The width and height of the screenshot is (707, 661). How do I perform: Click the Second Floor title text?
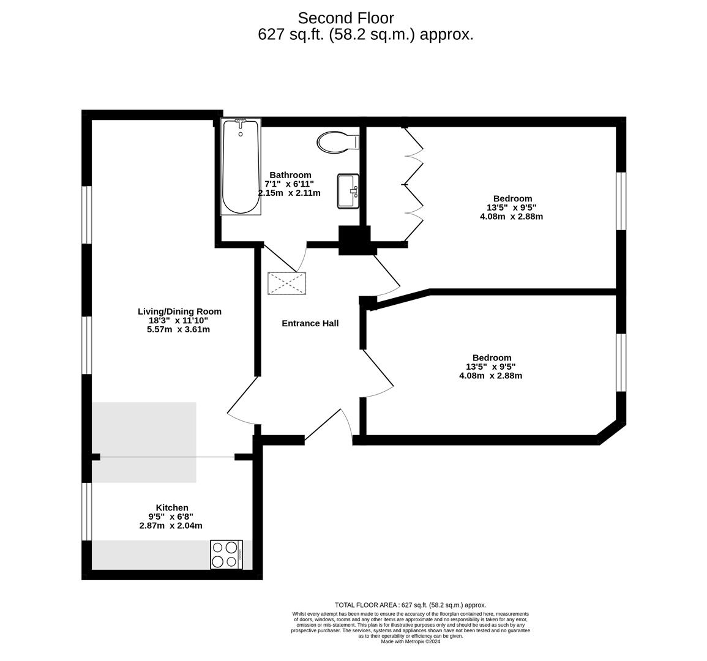pyautogui.click(x=346, y=18)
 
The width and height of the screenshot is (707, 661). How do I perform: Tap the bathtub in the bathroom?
pyautogui.click(x=241, y=168)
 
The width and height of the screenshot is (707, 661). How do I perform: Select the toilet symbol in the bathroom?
pyautogui.click(x=337, y=143)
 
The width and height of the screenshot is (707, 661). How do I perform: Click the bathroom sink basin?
pyautogui.click(x=348, y=191)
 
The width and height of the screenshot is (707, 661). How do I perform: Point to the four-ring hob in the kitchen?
pyautogui.click(x=226, y=555)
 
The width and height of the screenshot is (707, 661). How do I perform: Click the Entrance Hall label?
pyautogui.click(x=310, y=323)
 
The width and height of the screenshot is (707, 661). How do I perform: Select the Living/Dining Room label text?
pyautogui.click(x=179, y=312)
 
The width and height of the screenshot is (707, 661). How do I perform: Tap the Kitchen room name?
pyautogui.click(x=172, y=507)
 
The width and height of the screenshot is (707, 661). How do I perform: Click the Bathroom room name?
pyautogui.click(x=290, y=175)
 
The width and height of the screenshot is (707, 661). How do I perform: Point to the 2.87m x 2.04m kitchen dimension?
pyautogui.click(x=171, y=525)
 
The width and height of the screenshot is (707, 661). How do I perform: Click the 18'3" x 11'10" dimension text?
pyautogui.click(x=178, y=320)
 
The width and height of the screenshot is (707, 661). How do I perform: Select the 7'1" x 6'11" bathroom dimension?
pyautogui.click(x=289, y=184)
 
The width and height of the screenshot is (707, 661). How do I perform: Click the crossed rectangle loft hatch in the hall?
pyautogui.click(x=286, y=283)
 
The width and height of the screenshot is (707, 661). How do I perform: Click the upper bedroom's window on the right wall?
pyautogui.click(x=621, y=201)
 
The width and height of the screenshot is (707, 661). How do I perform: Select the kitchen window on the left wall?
pyautogui.click(x=87, y=511)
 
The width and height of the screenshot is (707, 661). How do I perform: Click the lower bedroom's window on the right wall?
pyautogui.click(x=621, y=362)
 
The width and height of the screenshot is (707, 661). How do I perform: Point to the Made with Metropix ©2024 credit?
pyautogui.click(x=410, y=641)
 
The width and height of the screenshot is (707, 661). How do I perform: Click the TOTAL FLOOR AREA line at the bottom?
pyautogui.click(x=410, y=605)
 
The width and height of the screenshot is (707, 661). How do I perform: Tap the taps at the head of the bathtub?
pyautogui.click(x=241, y=122)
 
